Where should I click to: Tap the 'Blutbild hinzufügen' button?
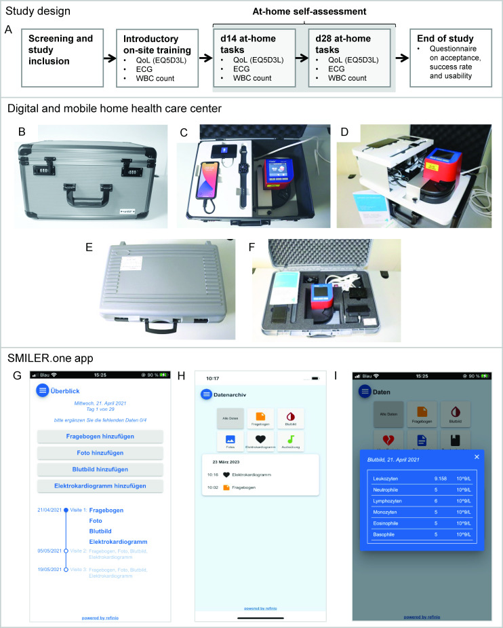coord(100,469)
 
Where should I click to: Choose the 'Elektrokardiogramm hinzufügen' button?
coord(100,486)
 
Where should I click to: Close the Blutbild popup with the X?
coord(477,457)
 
